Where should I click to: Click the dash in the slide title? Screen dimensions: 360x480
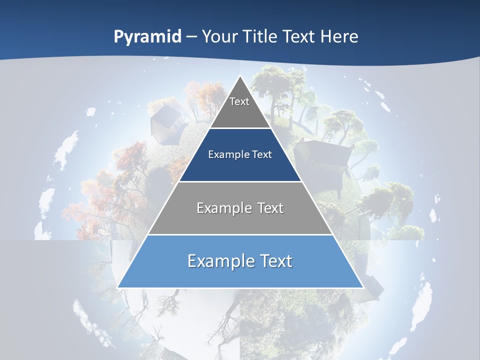click(x=191, y=37)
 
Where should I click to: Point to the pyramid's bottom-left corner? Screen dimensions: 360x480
click(x=118, y=287)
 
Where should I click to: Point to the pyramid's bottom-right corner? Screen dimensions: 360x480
click(x=362, y=287)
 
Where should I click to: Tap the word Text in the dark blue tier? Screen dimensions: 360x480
click(x=262, y=154)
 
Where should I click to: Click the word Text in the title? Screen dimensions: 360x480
click(x=299, y=36)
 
